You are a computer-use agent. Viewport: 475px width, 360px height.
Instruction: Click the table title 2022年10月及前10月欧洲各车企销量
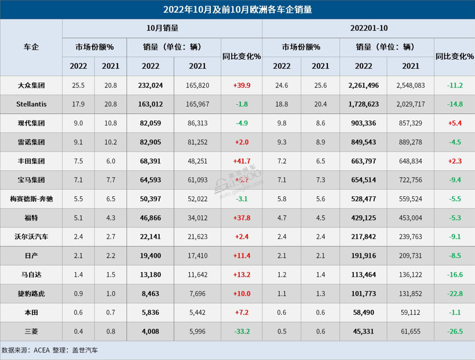click(x=237, y=9)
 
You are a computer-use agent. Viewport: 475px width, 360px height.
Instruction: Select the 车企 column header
click(x=31, y=47)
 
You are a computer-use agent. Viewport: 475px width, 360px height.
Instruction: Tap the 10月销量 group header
click(x=162, y=28)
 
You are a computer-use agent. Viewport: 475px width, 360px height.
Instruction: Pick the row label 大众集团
click(x=31, y=85)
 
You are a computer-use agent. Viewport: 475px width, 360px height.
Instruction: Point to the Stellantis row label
click(x=31, y=104)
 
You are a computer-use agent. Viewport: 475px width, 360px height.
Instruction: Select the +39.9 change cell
click(x=242, y=85)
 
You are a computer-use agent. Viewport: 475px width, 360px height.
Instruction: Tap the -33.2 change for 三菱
click(x=242, y=330)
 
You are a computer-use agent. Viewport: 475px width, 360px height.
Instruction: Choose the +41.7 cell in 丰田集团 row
click(x=242, y=161)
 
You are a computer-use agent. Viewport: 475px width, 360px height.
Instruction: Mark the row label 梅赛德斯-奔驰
click(x=31, y=199)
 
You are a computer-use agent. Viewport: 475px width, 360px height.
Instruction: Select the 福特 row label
click(x=31, y=218)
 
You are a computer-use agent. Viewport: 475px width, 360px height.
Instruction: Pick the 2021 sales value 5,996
click(x=198, y=330)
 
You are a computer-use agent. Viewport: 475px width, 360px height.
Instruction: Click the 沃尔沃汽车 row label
click(x=31, y=236)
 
